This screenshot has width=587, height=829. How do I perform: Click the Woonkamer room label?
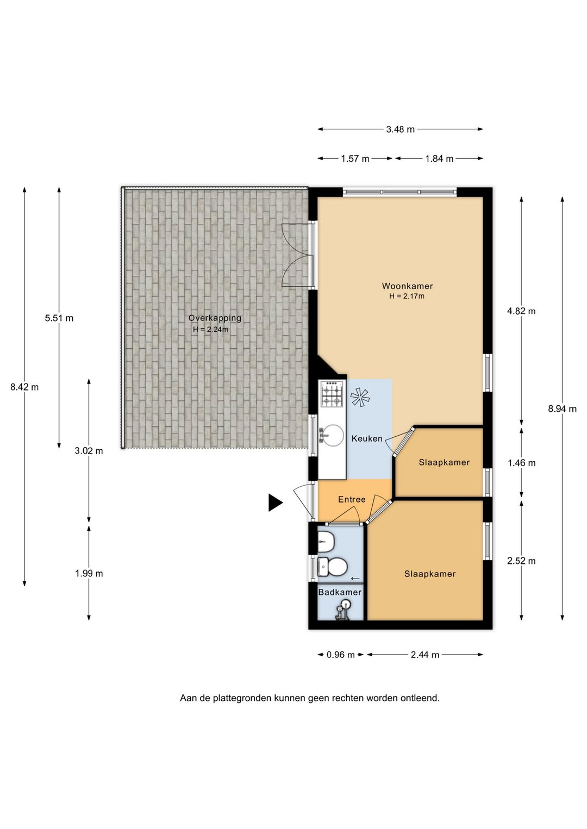pyautogui.click(x=407, y=286)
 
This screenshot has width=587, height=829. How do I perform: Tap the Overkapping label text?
pyautogui.click(x=215, y=318)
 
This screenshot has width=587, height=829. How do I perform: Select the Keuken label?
pyautogui.click(x=367, y=438)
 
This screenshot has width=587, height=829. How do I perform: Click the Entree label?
pyautogui.click(x=352, y=499)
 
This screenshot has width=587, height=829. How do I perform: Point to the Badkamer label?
pyautogui.click(x=340, y=592)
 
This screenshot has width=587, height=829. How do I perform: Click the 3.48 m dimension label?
pyautogui.click(x=401, y=129)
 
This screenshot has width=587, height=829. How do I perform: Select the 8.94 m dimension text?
pyautogui.click(x=562, y=409)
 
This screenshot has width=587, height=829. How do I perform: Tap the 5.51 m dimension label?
pyautogui.click(x=59, y=318)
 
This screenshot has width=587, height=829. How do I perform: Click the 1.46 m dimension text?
pyautogui.click(x=521, y=463)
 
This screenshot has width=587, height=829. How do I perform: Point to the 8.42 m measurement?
pyautogui.click(x=24, y=387)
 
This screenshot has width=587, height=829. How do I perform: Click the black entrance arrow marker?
pyautogui.click(x=276, y=503)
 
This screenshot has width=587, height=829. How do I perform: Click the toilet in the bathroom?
pyautogui.click(x=332, y=567)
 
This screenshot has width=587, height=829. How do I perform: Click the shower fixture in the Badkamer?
pyautogui.click(x=342, y=610)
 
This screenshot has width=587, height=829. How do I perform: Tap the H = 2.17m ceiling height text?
pyautogui.click(x=407, y=296)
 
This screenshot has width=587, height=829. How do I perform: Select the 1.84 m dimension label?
pyautogui.click(x=439, y=159)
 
